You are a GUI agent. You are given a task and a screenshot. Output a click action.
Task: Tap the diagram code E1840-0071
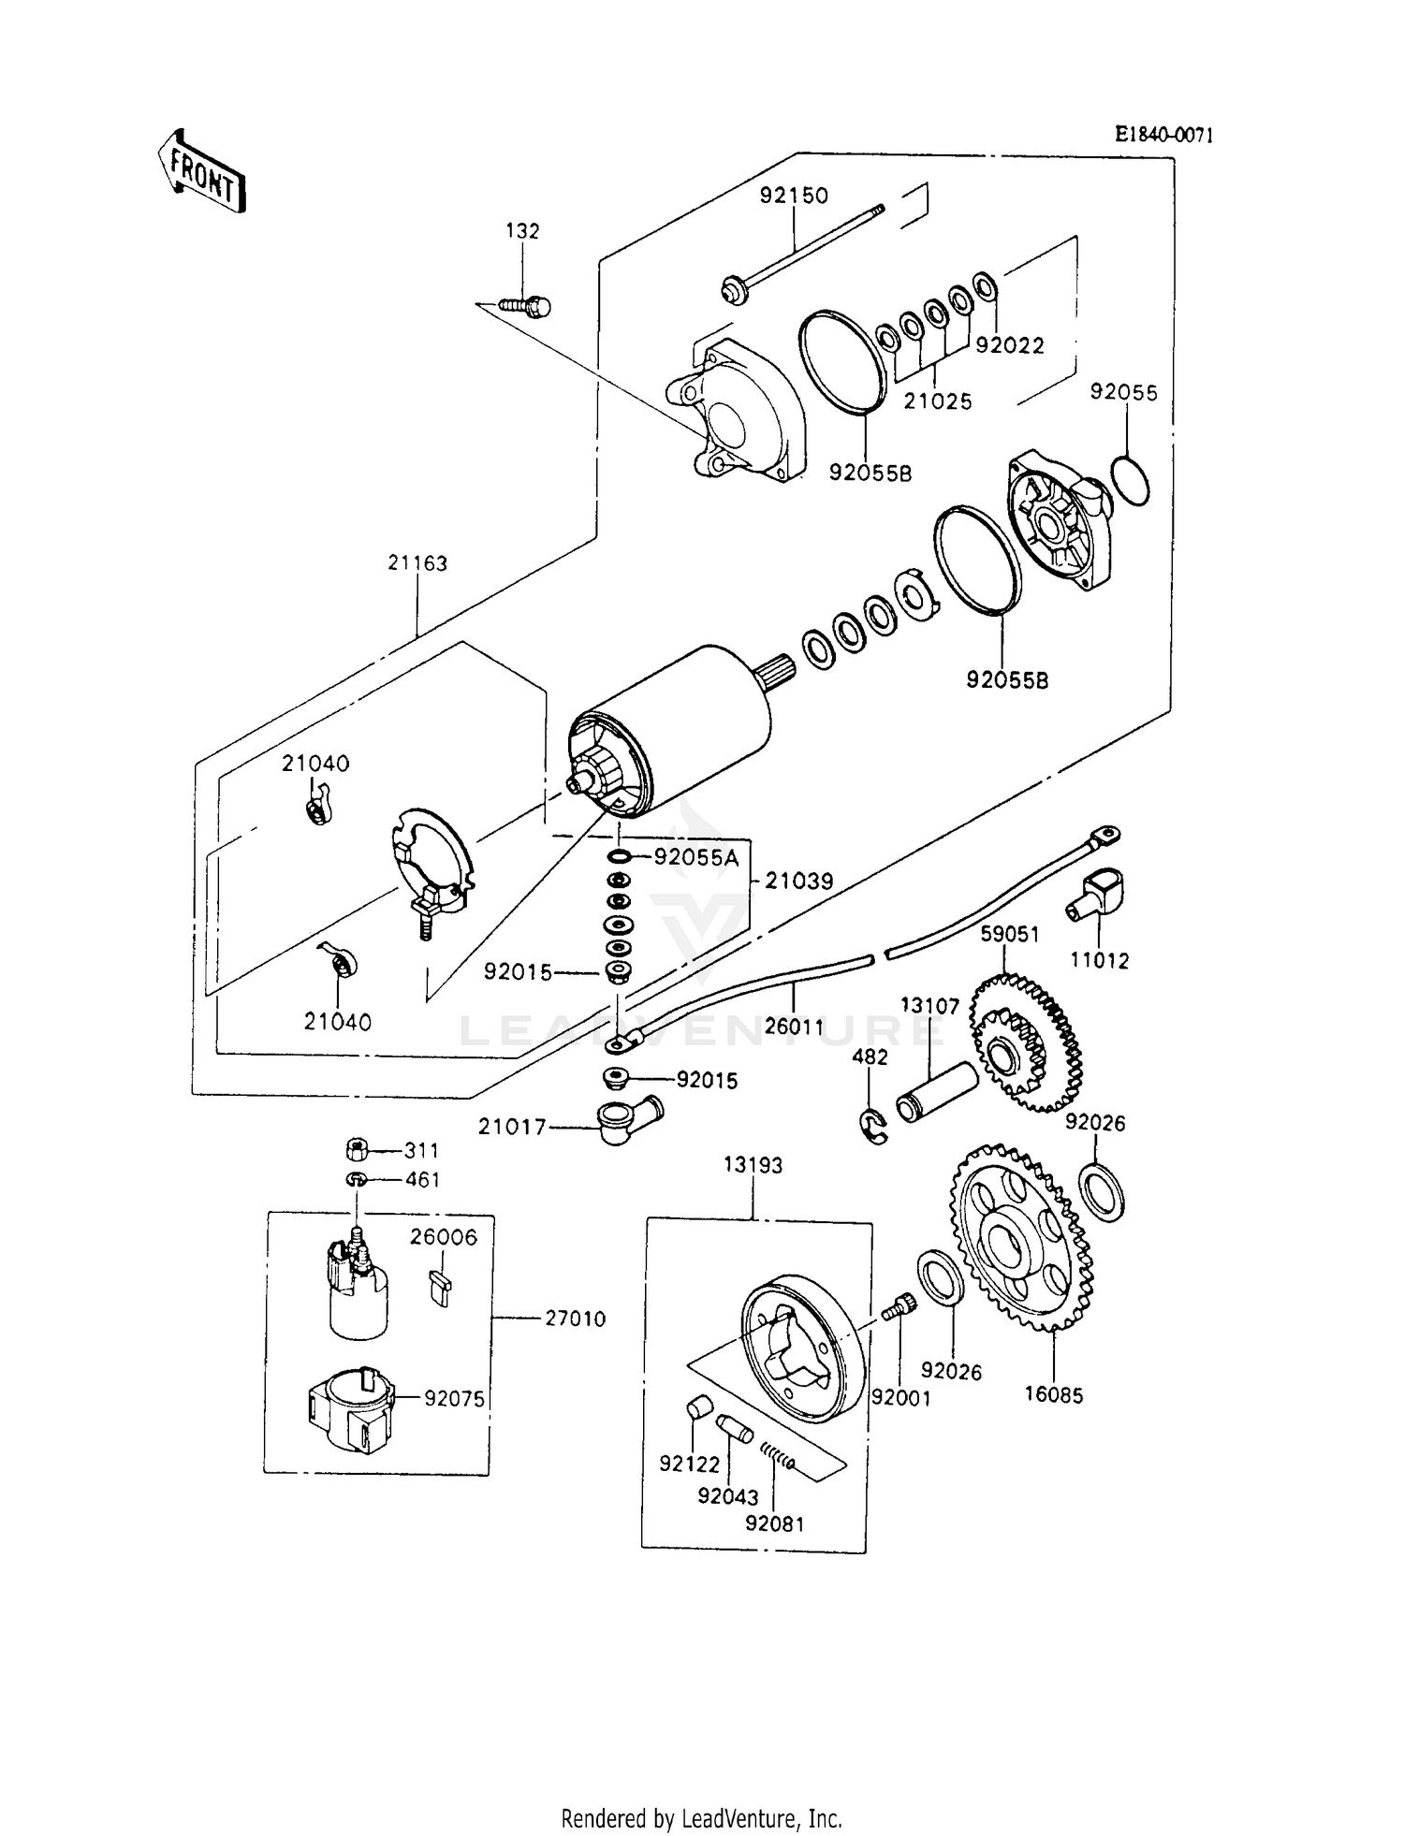[x=1163, y=135]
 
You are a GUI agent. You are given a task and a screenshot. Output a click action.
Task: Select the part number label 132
[x=522, y=231]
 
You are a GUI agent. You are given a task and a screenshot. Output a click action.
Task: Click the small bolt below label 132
[x=526, y=305]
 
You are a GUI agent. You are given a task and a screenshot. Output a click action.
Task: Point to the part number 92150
[x=793, y=196]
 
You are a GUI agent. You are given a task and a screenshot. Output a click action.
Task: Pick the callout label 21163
[x=417, y=563]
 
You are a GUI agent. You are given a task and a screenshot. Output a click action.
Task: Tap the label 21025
[x=937, y=401]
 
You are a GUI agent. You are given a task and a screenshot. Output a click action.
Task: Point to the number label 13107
[x=929, y=1006]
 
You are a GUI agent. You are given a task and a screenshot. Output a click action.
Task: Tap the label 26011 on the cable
[x=794, y=1027]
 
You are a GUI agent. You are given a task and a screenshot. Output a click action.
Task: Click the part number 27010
[x=575, y=1319]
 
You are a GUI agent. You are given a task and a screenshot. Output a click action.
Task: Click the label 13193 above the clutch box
[x=753, y=1165]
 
